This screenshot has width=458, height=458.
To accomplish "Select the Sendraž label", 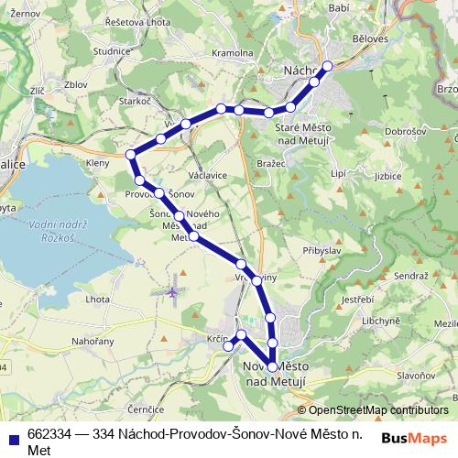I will [410, 276].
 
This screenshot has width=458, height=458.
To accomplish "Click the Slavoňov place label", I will [415, 375].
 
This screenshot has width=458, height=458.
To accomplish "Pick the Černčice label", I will [146, 409].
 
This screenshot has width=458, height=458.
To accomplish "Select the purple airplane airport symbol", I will [173, 291].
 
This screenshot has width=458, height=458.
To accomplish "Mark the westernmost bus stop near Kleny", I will [131, 154].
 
